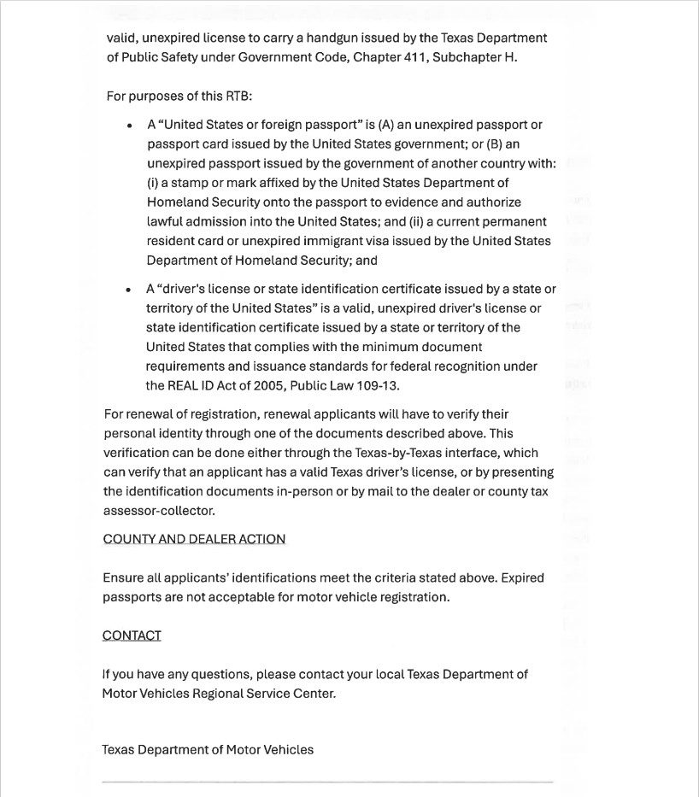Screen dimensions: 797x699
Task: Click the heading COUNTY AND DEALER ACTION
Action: (194, 539)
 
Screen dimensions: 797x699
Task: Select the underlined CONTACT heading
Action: (132, 636)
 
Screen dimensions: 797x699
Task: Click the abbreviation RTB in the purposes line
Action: (238, 96)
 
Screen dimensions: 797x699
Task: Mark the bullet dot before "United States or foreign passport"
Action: (129, 126)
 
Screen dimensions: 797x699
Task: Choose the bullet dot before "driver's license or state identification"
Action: (128, 290)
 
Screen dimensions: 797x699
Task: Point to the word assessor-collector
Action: (158, 511)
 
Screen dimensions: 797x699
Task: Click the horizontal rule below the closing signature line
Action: (327, 782)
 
